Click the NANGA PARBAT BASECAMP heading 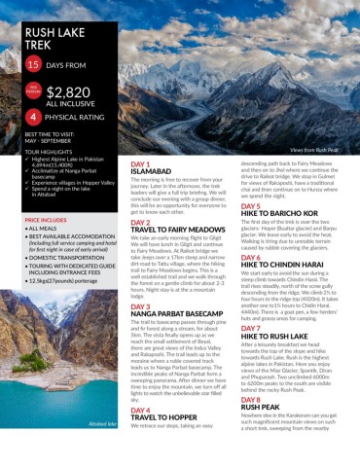coord(178,313)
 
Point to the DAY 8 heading coord(250,400)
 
